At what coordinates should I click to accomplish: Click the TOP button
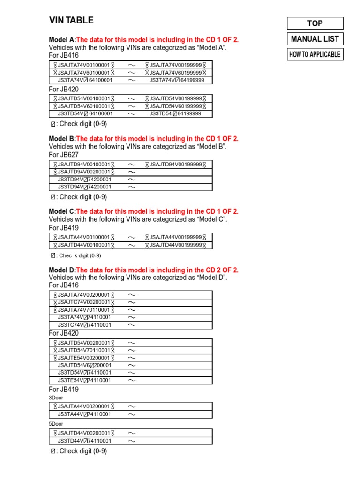pos(315,23)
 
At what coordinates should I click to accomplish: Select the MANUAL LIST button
pos(315,39)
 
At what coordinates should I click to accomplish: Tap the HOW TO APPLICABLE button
pos(315,54)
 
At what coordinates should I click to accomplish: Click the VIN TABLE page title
pos(71,20)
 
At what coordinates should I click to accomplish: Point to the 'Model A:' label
pos(62,40)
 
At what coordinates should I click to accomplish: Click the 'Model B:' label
pos(62,139)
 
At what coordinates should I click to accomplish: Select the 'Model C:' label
pos(62,211)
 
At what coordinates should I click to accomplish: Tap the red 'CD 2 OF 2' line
pos(157,270)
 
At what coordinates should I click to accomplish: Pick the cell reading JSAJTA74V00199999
pos(175,65)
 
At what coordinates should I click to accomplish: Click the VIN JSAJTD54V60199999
pos(175,106)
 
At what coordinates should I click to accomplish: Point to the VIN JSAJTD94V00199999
pos(175,165)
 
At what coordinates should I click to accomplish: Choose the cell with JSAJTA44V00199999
pos(175,237)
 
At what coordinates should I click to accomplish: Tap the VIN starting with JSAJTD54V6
pos(84,365)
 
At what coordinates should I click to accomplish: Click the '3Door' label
pos(56,397)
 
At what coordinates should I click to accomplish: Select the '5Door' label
pos(56,424)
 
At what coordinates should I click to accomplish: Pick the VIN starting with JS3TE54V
pos(84,380)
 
